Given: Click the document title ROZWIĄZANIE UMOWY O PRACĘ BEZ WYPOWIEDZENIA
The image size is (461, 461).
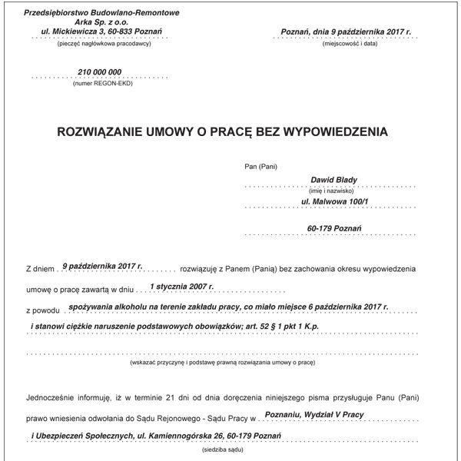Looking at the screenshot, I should (x=223, y=132).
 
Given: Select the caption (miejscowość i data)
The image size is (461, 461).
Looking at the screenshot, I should (x=350, y=45).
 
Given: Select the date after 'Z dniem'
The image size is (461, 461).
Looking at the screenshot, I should (x=103, y=265).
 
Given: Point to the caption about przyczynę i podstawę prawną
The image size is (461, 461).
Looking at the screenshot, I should (x=224, y=360).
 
